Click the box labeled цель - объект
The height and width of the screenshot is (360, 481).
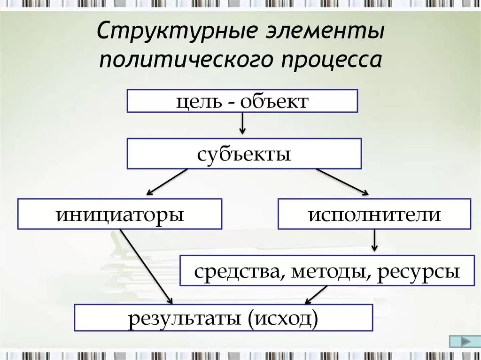[x=242, y=101]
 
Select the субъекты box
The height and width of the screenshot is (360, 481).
[x=244, y=153]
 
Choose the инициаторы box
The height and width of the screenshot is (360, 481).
[x=120, y=214]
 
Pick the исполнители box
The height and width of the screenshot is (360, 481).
[x=374, y=214]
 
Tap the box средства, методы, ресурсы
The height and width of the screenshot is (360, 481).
[x=327, y=271]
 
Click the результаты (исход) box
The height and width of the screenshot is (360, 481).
[x=224, y=318]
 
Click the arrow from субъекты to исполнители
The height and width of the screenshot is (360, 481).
[x=342, y=182]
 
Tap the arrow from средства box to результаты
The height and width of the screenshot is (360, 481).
[x=316, y=295]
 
